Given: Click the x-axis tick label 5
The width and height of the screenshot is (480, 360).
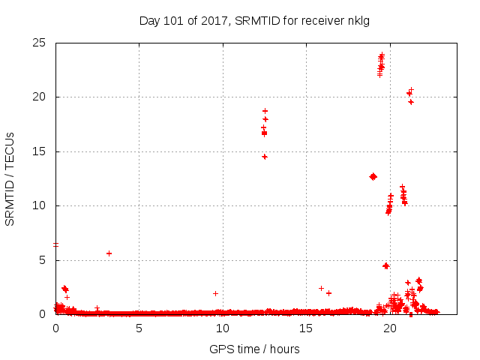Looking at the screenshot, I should point(139,328).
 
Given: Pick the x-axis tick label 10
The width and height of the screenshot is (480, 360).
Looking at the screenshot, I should point(223,328).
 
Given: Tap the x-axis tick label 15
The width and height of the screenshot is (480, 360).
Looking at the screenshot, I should point(306,328).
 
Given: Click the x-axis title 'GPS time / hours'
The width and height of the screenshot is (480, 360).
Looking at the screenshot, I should point(254,349).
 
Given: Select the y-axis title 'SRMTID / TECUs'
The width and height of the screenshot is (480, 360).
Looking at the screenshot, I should point(10,178).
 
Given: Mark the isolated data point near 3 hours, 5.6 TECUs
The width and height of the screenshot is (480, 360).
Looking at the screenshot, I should point(109,253).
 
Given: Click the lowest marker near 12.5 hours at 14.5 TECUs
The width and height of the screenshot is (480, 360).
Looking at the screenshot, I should point(265,157).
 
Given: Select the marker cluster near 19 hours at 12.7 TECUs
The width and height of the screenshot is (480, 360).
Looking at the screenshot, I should point(373,176).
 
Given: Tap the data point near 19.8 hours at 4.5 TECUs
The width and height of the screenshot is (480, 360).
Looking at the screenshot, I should point(386,265).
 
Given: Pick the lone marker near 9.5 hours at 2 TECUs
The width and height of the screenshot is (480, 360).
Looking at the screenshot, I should point(215,293).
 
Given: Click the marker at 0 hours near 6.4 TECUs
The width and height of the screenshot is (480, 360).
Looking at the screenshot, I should point(55,244).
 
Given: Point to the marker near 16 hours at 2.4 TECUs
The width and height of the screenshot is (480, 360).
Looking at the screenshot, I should point(321,288).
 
